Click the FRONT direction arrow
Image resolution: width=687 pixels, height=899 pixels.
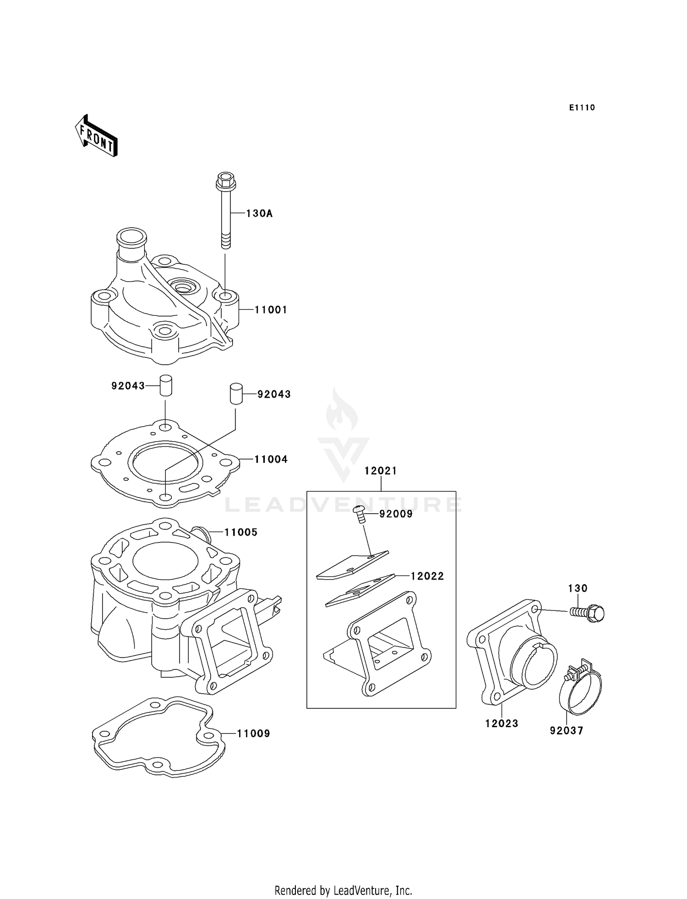(97, 136)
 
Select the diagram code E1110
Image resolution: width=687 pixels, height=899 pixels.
(582, 108)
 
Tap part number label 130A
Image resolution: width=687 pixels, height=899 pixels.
(259, 214)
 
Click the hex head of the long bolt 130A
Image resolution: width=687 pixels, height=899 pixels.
(225, 181)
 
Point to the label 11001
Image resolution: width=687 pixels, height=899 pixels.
(271, 310)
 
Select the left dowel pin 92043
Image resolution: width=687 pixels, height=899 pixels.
(165, 385)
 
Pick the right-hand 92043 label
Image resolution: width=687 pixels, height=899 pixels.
(274, 395)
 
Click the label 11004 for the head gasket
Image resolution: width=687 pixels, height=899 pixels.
(271, 459)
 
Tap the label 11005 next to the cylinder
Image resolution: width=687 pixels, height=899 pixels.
(240, 532)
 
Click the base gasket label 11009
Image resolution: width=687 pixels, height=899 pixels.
(253, 734)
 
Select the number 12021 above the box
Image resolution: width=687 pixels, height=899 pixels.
(381, 471)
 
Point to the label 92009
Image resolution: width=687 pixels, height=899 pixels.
(396, 514)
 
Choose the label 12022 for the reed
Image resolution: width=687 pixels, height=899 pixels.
(427, 576)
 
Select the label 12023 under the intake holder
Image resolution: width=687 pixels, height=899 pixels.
(502, 724)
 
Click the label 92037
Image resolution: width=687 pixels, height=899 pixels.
(567, 731)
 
